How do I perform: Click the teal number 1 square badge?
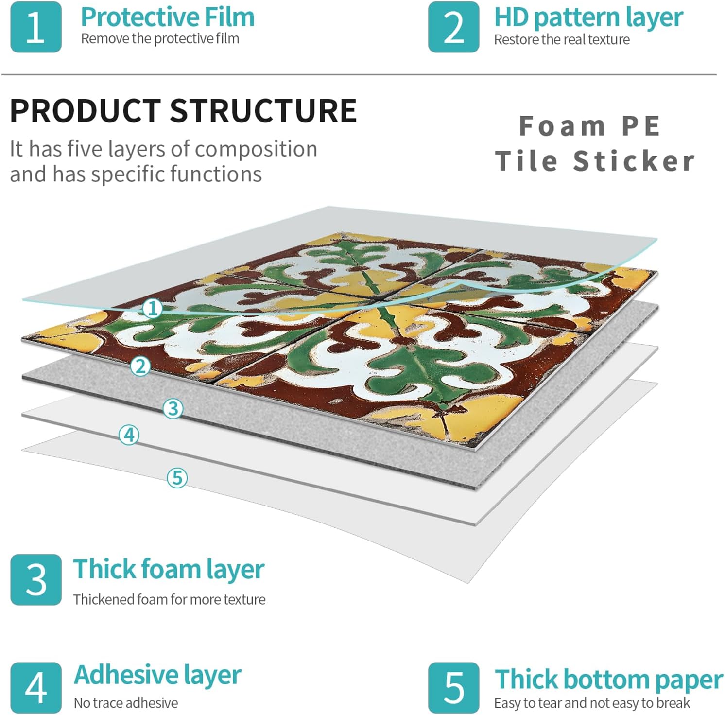point(36,27)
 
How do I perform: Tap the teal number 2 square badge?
point(453,27)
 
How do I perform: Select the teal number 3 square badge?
point(36,579)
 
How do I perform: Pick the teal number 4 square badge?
point(36,687)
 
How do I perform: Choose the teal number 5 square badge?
point(453,687)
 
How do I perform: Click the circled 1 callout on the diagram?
point(153,308)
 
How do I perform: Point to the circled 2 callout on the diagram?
point(140,366)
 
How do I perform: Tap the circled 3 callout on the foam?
point(173,408)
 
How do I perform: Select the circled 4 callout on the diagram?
point(129,435)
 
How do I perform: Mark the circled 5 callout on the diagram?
point(177,477)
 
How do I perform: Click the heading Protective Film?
point(168,17)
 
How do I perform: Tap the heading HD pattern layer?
point(588,18)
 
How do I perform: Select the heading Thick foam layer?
point(169,570)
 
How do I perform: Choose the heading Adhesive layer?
point(157,675)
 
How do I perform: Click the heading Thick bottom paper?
point(608,680)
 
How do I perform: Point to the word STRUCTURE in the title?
point(263,110)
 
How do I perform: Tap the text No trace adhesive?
point(126,703)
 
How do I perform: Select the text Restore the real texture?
point(562,39)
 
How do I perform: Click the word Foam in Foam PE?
point(562,126)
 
